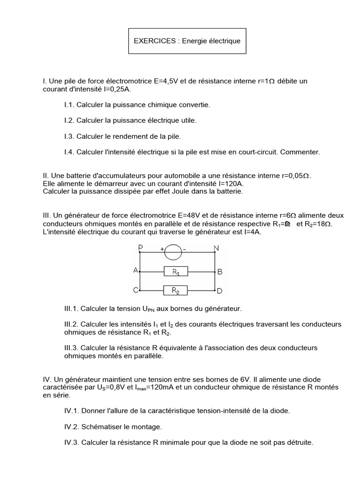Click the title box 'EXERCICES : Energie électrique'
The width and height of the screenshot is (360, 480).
[187, 41]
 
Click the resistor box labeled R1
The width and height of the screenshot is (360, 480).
[175, 271]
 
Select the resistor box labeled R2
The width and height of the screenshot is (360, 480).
[175, 291]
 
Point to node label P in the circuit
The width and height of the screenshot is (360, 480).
[140, 247]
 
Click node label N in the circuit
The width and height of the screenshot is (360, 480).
[216, 247]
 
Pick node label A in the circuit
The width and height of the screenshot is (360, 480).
[136, 271]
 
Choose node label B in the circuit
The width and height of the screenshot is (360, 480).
[219, 271]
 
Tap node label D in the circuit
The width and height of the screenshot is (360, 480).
[219, 291]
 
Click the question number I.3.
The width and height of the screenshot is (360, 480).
[69, 136]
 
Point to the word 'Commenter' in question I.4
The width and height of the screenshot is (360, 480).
[302, 152]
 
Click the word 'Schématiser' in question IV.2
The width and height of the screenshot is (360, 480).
[101, 427]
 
